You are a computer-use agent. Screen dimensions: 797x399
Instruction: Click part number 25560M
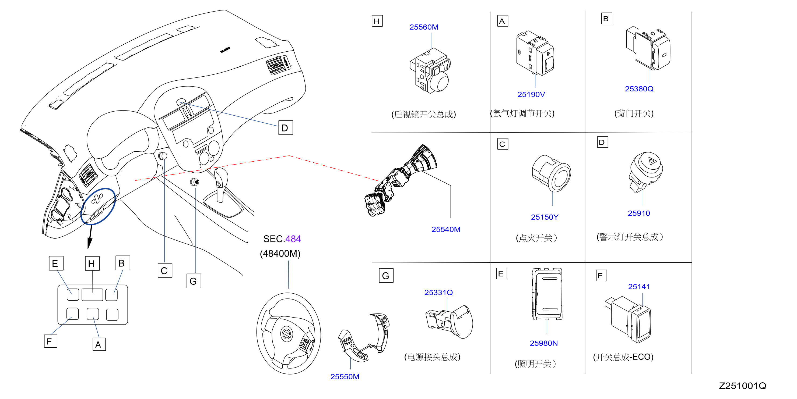tap(424, 27)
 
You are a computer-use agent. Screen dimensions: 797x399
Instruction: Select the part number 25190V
tap(531, 94)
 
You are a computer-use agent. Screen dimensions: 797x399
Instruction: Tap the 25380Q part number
tap(639, 89)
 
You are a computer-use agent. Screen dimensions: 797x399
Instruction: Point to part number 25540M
tap(446, 229)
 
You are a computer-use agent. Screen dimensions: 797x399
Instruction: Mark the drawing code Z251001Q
tap(742, 386)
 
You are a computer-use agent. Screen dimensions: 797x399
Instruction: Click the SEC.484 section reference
tap(282, 239)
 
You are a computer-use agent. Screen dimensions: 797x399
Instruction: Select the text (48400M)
tap(280, 254)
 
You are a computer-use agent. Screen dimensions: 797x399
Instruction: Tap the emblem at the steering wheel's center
tap(286, 334)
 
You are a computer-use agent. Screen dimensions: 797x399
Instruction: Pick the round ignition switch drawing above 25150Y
tap(551, 173)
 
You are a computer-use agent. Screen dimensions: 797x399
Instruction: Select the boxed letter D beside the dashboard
tap(285, 128)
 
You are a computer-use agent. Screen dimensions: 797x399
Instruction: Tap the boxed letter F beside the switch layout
tap(50, 341)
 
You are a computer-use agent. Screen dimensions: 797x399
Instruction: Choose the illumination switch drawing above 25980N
tap(547, 294)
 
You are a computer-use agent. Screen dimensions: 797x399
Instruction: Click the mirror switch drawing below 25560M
tap(430, 70)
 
